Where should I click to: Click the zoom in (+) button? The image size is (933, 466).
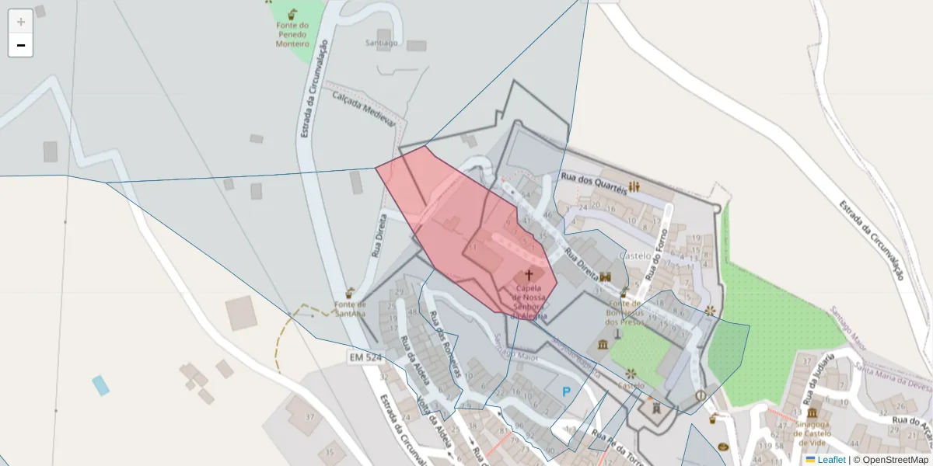(x=21, y=22)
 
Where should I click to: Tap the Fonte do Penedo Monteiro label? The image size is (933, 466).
(x=292, y=34)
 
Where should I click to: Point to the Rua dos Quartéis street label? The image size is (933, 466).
(x=594, y=185)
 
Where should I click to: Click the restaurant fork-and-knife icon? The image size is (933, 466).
(x=634, y=186)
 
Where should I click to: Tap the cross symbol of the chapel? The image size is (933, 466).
(x=529, y=275)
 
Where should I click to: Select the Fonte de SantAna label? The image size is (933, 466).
(x=350, y=309)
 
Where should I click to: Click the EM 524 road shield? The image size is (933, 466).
(x=365, y=356)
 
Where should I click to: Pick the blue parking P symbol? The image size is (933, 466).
(x=566, y=393)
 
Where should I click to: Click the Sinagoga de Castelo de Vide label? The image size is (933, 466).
(x=812, y=432)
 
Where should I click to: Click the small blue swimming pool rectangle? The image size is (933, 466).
(x=100, y=385)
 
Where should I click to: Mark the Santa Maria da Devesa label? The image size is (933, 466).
(x=892, y=375)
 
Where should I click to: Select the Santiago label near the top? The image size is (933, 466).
(x=381, y=43)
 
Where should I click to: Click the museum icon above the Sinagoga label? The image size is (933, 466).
(x=812, y=413)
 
